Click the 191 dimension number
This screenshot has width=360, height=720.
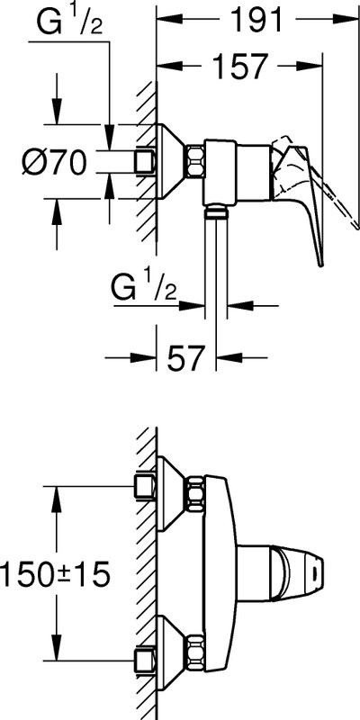(x=256, y=19)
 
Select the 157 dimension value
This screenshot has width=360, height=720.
(x=239, y=67)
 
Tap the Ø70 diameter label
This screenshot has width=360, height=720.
(x=55, y=162)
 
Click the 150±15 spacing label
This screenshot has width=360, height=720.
(x=55, y=573)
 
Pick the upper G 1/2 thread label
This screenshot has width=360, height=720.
(x=70, y=23)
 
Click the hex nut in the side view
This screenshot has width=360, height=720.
(x=194, y=162)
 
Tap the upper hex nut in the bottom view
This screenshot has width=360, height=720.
(x=194, y=493)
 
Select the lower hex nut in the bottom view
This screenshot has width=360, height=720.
(x=194, y=652)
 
